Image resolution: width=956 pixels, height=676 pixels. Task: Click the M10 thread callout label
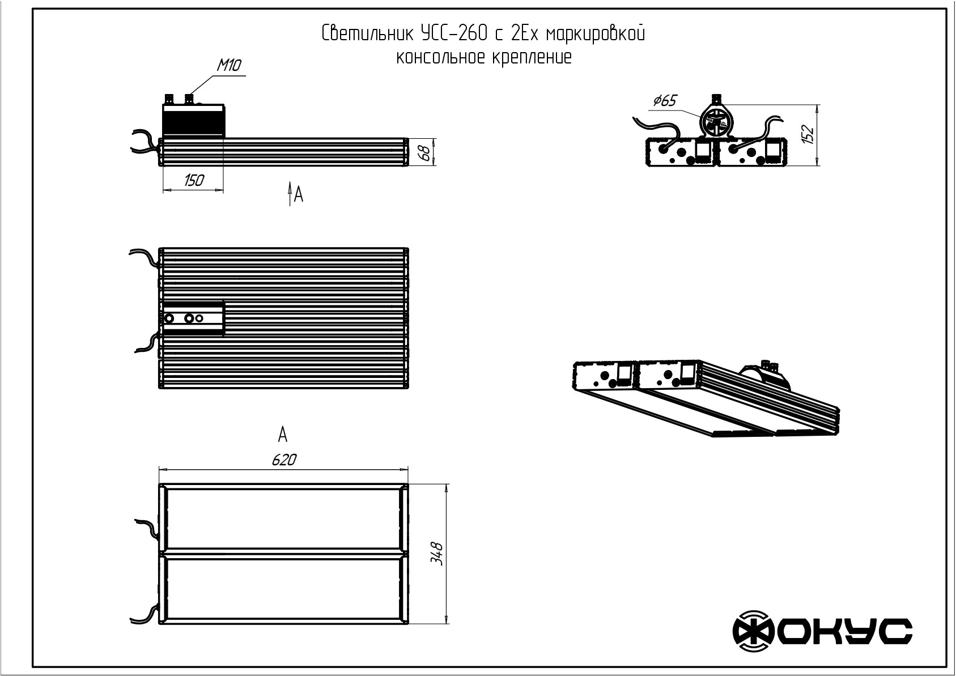point(229,65)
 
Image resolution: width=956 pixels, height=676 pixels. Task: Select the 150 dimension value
point(194,181)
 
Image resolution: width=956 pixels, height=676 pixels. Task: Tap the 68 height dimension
point(424,153)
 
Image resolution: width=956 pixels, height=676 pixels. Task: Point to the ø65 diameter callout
point(665,101)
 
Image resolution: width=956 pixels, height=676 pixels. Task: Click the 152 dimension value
point(808,134)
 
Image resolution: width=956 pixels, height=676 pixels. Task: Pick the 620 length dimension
point(284,460)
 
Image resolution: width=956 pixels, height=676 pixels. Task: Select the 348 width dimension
point(436,554)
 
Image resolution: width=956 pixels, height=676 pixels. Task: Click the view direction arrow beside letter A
point(290,194)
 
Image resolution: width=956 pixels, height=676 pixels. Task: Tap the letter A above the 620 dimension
point(283,435)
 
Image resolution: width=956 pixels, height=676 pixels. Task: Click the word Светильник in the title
point(367,33)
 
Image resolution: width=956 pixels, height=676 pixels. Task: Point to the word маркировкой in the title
point(596,33)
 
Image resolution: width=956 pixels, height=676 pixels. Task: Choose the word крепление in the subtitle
point(532,57)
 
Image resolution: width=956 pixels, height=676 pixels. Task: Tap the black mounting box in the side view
point(193,122)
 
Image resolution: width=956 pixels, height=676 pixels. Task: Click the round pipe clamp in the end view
point(716,121)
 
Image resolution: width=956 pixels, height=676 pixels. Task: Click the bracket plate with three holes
point(194,318)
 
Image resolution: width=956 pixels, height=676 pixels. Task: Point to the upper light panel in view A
point(284,518)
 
